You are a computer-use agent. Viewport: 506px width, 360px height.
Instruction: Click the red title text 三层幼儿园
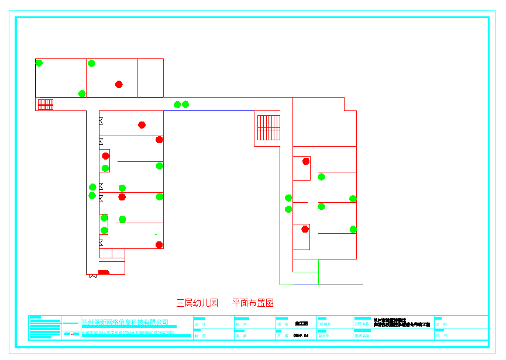(x=197, y=303)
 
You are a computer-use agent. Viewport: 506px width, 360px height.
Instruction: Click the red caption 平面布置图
(x=253, y=303)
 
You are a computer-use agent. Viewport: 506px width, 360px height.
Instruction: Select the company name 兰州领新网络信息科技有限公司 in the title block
(x=125, y=322)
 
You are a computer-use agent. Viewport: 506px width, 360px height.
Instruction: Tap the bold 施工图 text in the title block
(x=301, y=323)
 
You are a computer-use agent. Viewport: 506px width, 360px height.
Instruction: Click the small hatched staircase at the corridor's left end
(x=46, y=105)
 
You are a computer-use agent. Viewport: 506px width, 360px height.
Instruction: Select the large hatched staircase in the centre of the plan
(x=269, y=127)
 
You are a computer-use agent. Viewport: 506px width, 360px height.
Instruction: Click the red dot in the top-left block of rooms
(x=119, y=84)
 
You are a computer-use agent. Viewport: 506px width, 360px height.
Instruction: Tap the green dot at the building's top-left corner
(x=39, y=63)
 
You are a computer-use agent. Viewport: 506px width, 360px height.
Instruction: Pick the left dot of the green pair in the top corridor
(x=177, y=105)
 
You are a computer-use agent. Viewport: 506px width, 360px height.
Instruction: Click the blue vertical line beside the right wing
(x=280, y=216)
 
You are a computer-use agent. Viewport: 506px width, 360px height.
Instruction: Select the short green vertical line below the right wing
(x=318, y=272)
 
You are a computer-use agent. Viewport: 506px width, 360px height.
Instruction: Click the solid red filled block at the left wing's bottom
(x=104, y=272)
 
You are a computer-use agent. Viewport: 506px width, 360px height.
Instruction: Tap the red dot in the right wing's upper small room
(x=306, y=161)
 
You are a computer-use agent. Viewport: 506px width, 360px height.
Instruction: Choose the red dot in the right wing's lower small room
(x=305, y=229)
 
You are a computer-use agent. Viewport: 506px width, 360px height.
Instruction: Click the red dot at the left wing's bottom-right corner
(x=159, y=245)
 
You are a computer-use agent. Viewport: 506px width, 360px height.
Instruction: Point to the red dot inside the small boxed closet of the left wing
(x=106, y=156)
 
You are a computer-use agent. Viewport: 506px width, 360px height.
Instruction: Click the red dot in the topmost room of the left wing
(x=142, y=124)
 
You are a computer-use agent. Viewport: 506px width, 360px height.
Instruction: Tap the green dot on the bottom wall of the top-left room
(x=82, y=94)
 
